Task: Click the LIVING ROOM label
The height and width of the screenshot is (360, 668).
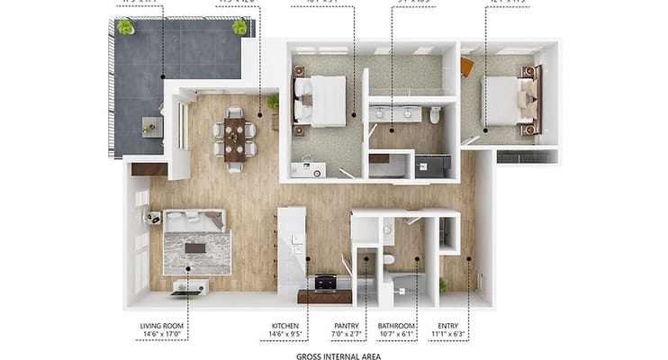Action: coord(161,326)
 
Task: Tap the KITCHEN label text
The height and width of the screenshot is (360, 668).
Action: coord(285,326)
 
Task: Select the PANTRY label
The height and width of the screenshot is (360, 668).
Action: coord(346,326)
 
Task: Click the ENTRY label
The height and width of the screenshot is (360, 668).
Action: coord(447,326)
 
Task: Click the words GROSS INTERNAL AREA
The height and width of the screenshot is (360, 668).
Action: coord(338,356)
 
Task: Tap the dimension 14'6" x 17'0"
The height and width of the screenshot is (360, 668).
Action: coord(161,336)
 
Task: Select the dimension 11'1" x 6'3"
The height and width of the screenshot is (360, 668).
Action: coord(447,336)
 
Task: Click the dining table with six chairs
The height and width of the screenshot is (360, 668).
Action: coord(234,139)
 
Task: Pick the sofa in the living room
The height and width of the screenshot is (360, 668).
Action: coord(194,220)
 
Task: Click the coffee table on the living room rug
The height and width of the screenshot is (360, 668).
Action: coord(195,247)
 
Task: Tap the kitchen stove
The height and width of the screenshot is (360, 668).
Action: coord(325,283)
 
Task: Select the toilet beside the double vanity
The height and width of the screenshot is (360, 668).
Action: coord(436,114)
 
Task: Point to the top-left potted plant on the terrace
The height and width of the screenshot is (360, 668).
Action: coord(125,27)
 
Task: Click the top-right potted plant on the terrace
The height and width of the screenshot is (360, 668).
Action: coord(239,27)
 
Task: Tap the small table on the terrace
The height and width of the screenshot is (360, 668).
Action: coord(150,126)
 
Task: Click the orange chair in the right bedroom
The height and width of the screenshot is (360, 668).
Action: coord(466,67)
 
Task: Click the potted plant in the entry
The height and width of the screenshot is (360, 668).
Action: coord(442,286)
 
